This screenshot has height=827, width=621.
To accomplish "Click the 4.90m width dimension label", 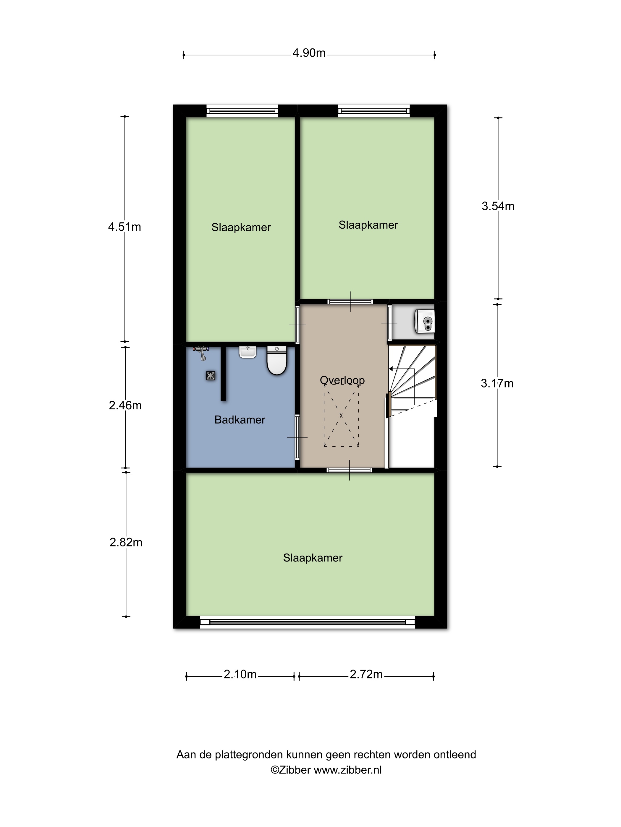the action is click(309, 53).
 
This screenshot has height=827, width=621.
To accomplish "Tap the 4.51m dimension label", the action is click(125, 227).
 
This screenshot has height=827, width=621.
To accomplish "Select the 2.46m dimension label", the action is click(125, 405).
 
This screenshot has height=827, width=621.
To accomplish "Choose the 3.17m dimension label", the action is click(497, 383).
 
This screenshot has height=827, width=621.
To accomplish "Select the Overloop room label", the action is click(342, 380).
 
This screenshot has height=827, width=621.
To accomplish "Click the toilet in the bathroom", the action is click(276, 360).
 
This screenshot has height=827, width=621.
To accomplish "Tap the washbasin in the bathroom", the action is click(248, 352).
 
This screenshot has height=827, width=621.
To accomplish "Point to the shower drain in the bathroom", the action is click(211, 376).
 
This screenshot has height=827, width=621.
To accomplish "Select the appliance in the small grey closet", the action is click(424, 321).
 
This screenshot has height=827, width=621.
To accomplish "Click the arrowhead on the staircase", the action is click(391, 369).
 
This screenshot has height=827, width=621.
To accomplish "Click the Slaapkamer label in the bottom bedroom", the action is click(313, 558).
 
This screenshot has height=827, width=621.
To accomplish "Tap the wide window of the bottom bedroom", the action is click(308, 622).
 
